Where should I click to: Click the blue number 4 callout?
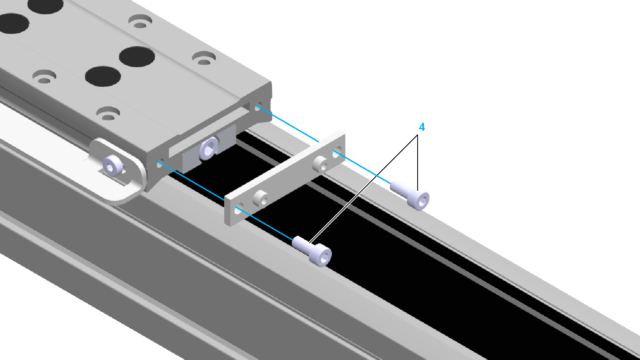tap(422, 127)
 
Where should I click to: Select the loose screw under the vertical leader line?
tap(410, 195)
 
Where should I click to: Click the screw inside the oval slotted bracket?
tap(113, 166)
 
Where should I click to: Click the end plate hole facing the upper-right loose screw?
tap(336, 154)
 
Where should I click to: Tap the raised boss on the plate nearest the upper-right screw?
tap(320, 164)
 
